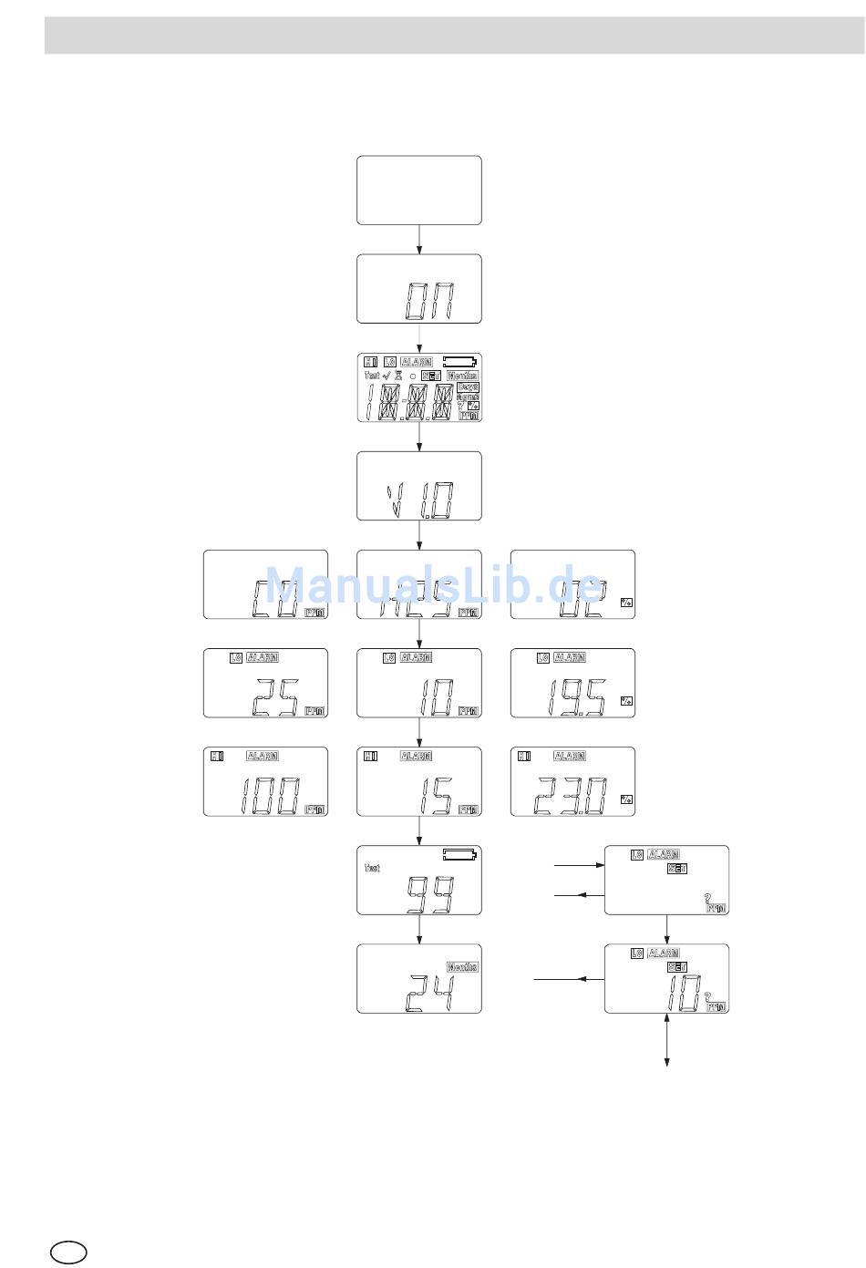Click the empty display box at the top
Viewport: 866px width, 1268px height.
[x=418, y=190]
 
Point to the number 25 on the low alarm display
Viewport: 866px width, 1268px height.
[x=273, y=698]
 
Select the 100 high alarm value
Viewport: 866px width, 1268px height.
[x=268, y=797]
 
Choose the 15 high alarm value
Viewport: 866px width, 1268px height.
[x=431, y=797]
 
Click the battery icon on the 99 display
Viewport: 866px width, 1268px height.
[x=460, y=855]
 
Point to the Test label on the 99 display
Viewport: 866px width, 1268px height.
[x=372, y=868]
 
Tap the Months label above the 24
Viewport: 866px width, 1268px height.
[x=462, y=967]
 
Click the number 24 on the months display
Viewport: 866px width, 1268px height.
[x=428, y=992]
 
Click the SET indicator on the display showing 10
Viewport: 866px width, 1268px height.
[x=677, y=967]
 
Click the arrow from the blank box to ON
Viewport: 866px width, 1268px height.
[x=418, y=239]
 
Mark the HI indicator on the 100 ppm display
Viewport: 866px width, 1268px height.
[x=217, y=756]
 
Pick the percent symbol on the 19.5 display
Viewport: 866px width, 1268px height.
[x=625, y=701]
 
